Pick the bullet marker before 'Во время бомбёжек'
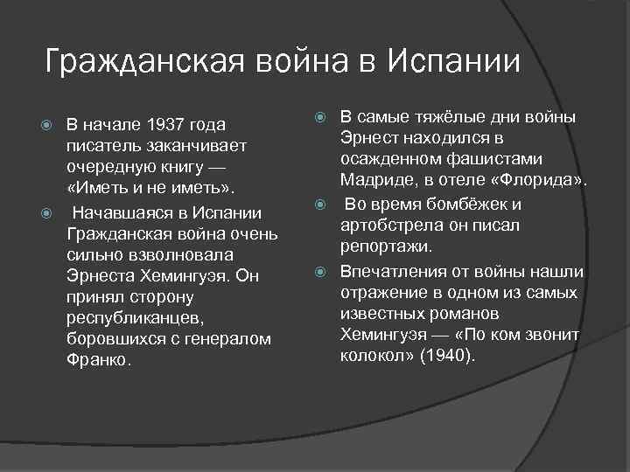[x=321, y=205]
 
